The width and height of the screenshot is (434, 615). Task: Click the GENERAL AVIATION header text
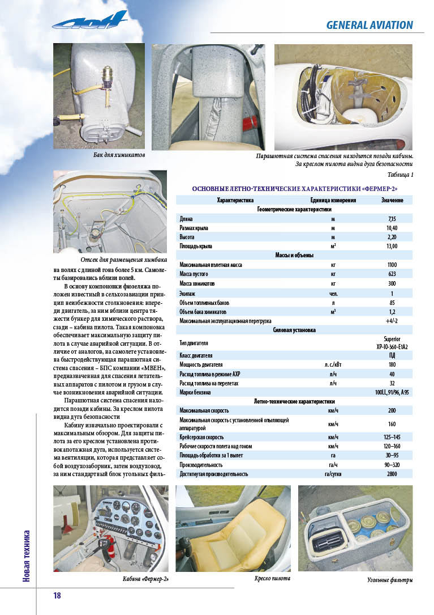tap(369, 25)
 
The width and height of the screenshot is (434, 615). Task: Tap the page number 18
tap(57, 595)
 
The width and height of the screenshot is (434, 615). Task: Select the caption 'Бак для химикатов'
tap(119, 155)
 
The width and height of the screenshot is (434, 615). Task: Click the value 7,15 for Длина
tap(392, 218)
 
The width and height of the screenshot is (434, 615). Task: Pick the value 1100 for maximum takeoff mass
tap(392, 264)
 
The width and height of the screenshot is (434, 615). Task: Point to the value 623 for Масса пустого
tap(392, 274)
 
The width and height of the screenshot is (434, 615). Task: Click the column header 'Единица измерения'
tap(333, 200)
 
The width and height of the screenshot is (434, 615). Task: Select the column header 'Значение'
tap(392, 200)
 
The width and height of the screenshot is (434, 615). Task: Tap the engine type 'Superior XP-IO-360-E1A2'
tap(392, 342)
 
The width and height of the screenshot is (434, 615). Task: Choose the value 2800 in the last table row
tap(392, 473)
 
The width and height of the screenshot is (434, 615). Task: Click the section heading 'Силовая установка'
tap(294, 330)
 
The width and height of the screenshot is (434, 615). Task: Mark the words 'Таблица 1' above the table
tap(401, 175)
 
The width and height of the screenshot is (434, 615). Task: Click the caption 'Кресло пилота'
tap(273, 579)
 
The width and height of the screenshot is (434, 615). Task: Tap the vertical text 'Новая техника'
tap(27, 555)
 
